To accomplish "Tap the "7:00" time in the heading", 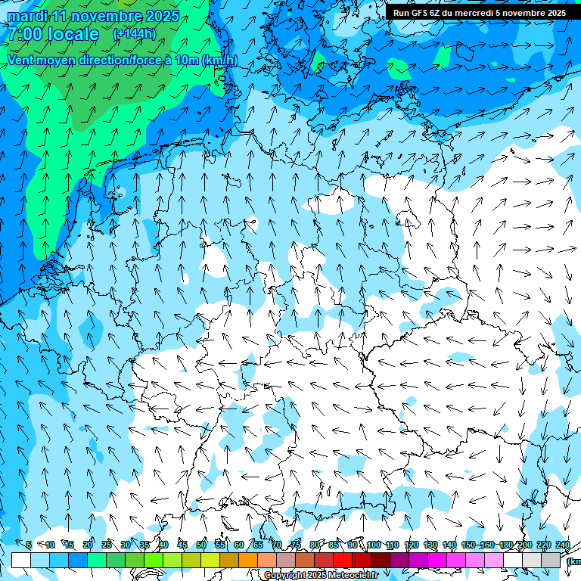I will [x=23, y=34].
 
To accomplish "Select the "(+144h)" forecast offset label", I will [x=134, y=33].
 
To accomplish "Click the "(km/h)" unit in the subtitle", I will [x=219, y=60].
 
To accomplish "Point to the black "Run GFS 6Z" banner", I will [x=479, y=13].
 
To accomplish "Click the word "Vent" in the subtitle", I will [x=22, y=60].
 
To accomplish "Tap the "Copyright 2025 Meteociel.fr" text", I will [x=321, y=576].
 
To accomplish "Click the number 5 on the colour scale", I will [x=29, y=545].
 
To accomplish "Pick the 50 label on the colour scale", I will [x=201, y=545].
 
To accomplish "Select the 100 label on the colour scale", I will [x=374, y=545].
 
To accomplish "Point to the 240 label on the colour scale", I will [x=563, y=545].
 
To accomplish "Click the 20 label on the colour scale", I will [x=88, y=545].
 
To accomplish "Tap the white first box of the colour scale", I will [x=21, y=560].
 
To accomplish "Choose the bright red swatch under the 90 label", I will [x=343, y=560].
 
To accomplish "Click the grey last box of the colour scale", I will [x=551, y=560].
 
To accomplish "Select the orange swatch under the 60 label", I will [x=248, y=560].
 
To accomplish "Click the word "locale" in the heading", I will [x=71, y=34].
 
